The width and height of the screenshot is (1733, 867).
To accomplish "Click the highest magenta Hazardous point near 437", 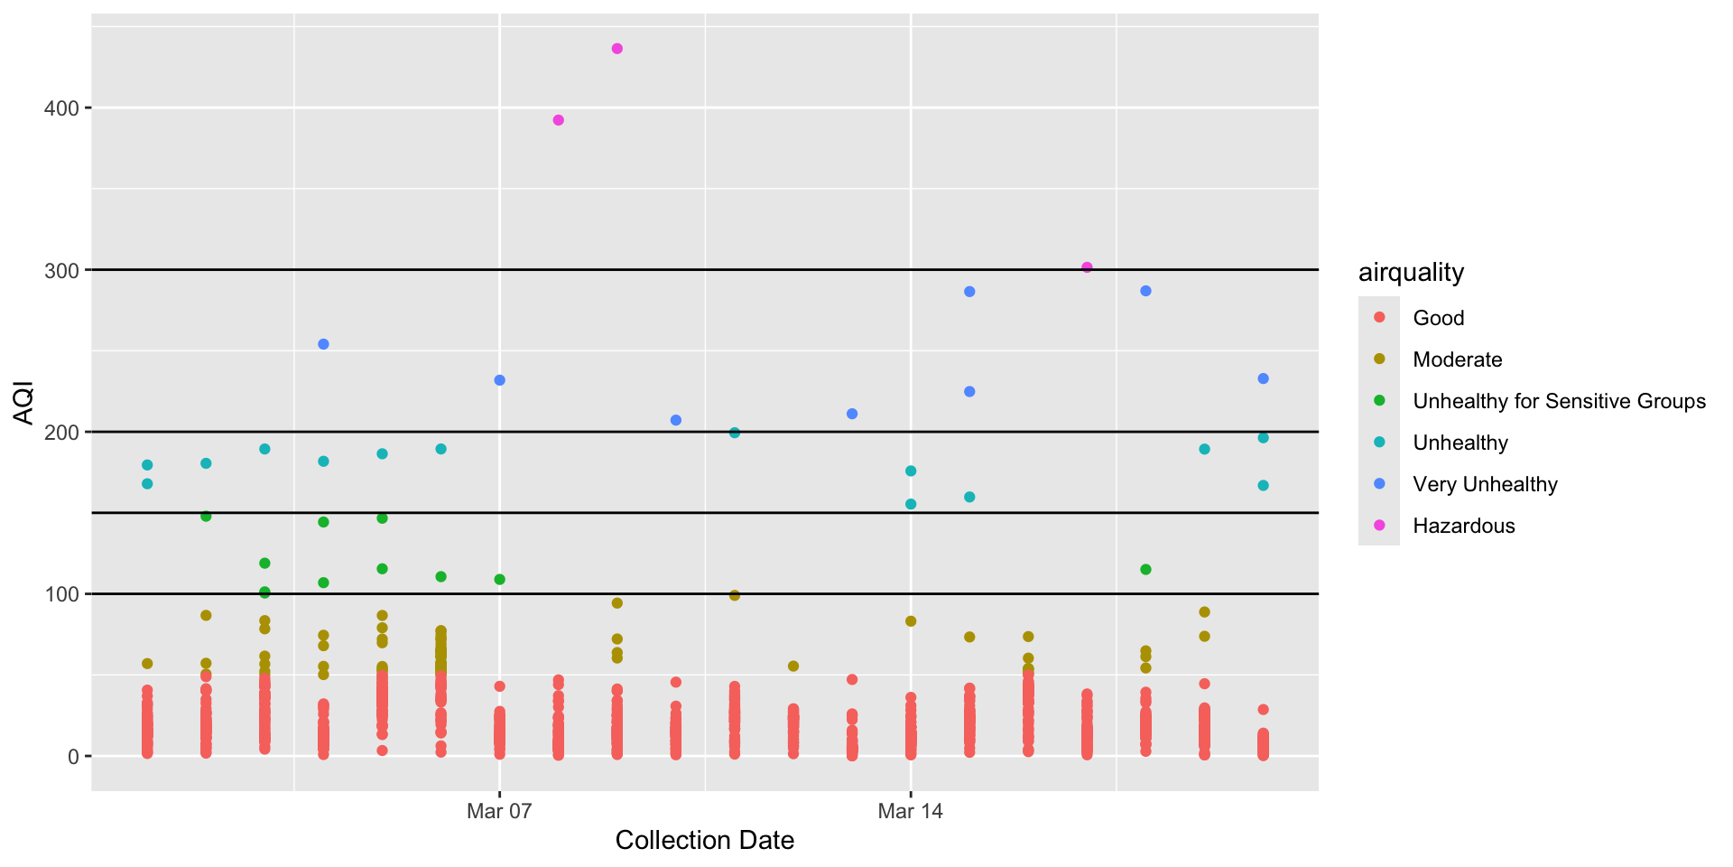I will tap(617, 49).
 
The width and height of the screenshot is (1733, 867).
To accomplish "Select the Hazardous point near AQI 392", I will tap(558, 120).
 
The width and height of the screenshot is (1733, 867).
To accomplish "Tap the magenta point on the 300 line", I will tap(1087, 267).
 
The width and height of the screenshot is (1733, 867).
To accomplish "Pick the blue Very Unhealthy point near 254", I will tap(323, 344).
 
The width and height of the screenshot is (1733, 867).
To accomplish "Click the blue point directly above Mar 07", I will tap(499, 380).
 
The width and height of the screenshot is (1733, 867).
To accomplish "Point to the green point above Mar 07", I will tap(499, 579).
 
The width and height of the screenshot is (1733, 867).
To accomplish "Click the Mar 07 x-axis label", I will tap(499, 811).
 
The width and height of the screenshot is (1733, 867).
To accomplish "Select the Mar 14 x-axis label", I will tap(910, 811).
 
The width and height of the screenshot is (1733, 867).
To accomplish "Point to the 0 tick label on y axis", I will tap(74, 757).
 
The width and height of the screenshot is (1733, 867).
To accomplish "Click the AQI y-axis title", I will tap(23, 403).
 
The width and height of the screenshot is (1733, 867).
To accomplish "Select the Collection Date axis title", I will tap(704, 841).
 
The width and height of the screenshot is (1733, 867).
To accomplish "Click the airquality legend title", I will tap(1411, 273).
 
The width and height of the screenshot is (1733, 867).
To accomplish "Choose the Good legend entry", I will tap(1438, 318).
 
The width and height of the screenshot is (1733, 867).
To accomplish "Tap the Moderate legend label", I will tap(1457, 359).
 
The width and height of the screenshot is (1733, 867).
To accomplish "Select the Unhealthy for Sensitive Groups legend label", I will tap(1559, 401).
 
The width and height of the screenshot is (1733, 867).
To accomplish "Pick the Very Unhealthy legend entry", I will tap(1485, 484).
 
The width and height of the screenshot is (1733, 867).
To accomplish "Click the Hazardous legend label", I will tap(1463, 526).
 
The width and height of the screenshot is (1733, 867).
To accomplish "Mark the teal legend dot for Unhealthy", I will tap(1379, 443).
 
